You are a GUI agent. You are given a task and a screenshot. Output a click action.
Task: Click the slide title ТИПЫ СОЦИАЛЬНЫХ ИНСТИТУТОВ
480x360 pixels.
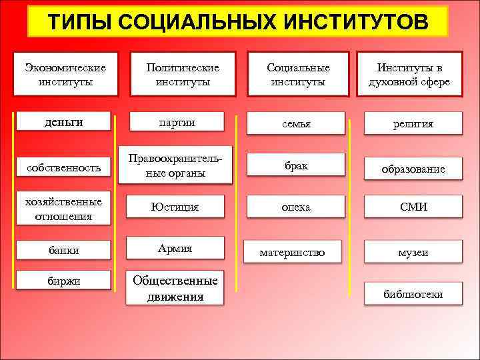pos(239,22)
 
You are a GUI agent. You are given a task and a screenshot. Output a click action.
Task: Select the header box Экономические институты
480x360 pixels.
pos(67,75)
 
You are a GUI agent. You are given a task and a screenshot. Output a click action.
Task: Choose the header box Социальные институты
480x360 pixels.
pos(298,75)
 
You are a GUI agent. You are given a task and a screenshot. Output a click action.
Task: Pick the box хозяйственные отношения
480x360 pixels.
pos(63,209)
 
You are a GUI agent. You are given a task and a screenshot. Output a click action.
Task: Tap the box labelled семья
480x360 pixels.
pos(296,124)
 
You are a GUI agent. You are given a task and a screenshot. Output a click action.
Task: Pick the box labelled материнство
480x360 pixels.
pos(293,252)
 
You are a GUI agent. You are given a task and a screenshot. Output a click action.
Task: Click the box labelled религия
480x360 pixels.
pos(413,124)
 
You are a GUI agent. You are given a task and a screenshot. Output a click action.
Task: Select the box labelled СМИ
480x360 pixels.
pos(413,207)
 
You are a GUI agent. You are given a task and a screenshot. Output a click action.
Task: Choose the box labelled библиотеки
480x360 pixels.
pos(413,294)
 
